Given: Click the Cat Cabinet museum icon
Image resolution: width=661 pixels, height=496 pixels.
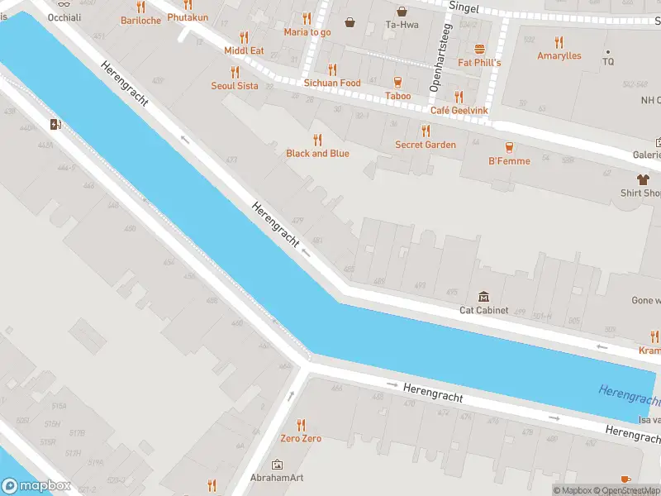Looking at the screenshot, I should [x=483, y=297].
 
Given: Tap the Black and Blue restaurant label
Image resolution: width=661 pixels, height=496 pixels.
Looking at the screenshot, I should [x=317, y=154].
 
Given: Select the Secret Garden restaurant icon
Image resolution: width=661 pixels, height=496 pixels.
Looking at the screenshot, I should [x=426, y=130].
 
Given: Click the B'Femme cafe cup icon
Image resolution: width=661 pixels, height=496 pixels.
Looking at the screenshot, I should [x=509, y=146].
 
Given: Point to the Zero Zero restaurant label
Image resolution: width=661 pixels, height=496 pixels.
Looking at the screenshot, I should [x=301, y=438].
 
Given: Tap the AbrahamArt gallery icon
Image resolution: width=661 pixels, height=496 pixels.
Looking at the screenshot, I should [x=276, y=465].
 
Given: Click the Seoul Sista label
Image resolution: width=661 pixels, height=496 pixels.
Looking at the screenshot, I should [x=235, y=86].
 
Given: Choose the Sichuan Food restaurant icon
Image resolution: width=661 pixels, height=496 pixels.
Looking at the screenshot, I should [x=332, y=69].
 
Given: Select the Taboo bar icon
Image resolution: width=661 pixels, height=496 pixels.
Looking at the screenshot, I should [x=398, y=82].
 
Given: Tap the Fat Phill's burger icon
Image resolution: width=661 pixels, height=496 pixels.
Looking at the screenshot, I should [x=479, y=49].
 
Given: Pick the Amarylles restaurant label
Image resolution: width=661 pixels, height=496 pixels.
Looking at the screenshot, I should [x=559, y=56].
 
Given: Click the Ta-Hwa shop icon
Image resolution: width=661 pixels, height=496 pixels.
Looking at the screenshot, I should [x=402, y=11].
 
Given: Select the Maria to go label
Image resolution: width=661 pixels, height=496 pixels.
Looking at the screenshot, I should [x=307, y=32].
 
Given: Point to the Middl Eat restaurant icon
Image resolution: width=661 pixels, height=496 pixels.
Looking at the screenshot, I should [x=244, y=36].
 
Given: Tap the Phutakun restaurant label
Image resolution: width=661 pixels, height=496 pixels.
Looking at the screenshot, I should [x=188, y=17].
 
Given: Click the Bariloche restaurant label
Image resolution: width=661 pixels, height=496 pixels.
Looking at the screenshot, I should [x=140, y=21].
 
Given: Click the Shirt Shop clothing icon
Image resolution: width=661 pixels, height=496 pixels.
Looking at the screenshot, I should [x=642, y=179].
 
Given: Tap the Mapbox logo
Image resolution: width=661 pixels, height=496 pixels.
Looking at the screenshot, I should [x=36, y=486].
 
